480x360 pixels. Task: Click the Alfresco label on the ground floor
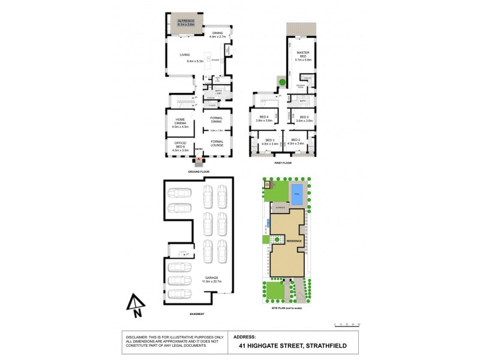click(184, 21)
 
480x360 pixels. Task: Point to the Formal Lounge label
click(217, 143)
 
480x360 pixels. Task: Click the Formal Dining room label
click(217, 120)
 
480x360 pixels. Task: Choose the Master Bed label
click(301, 57)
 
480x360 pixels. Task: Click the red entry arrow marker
click(200, 159)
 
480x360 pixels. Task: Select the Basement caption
click(197, 314)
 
